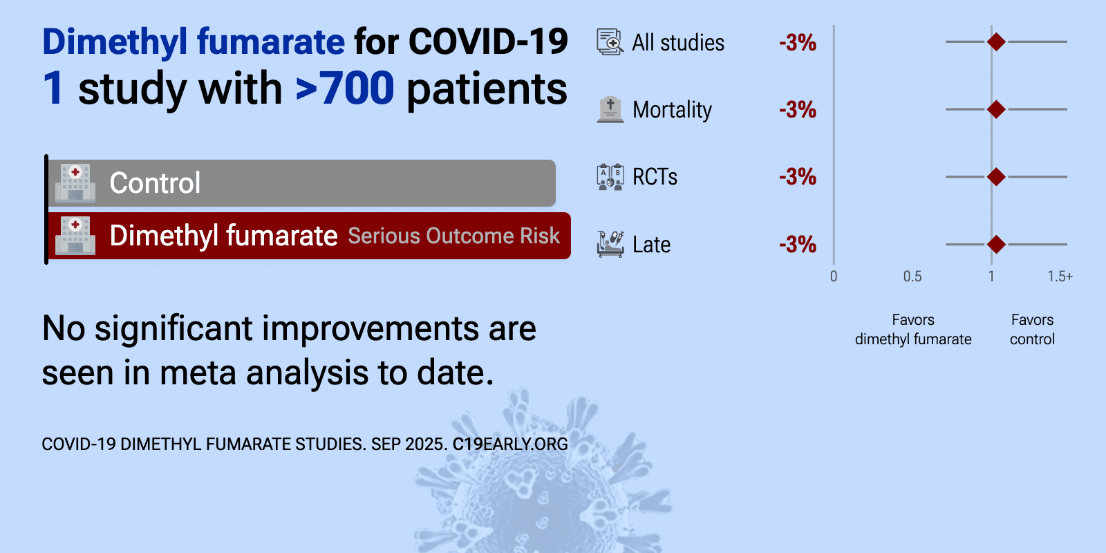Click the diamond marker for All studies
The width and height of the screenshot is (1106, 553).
996,42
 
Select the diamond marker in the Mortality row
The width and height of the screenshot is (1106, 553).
996,109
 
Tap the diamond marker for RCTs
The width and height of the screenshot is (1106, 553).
996,177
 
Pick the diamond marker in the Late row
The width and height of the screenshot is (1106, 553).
996,245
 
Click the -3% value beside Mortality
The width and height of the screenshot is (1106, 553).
798,110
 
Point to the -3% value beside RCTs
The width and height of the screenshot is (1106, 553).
798,177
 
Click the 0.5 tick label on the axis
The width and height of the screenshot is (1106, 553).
912,276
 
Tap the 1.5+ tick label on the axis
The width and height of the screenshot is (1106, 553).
1060,276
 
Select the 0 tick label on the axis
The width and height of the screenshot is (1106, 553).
834,276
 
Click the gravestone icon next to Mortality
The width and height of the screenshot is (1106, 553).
610,109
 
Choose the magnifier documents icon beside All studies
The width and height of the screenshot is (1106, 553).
610,42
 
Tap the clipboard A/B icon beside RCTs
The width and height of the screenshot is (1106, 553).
610,177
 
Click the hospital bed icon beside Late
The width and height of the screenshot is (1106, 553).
610,244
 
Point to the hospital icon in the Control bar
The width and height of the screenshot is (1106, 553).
75,182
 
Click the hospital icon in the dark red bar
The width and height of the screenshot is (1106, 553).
75,236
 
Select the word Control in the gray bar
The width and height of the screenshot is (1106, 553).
155,183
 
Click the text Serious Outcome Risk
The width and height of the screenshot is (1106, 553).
453,236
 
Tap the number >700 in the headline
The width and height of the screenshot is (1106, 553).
345,88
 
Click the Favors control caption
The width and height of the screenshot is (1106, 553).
1032,329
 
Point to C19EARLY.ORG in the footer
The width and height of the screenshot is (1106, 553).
510,444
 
